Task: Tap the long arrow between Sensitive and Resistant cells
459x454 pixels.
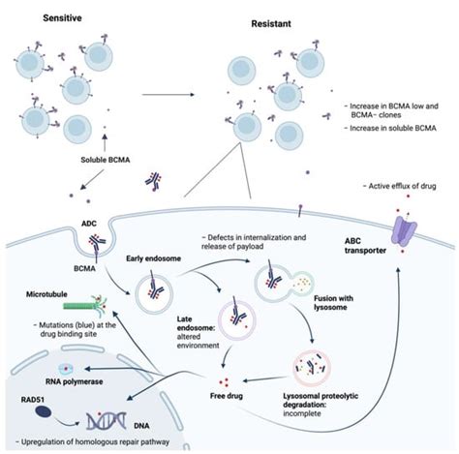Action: click(x=171, y=94)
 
